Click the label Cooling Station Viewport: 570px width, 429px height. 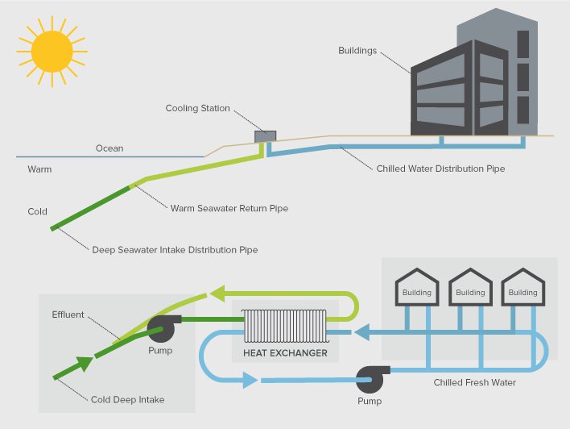point(197,109)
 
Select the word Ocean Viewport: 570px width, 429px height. point(109,148)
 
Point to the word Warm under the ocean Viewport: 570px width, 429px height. point(39,169)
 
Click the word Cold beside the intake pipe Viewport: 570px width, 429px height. point(37,212)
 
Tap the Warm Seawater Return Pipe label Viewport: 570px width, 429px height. point(229,208)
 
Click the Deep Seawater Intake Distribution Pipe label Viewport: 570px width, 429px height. point(175,250)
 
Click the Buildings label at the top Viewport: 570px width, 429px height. point(357,51)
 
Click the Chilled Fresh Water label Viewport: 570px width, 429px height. point(474,382)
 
